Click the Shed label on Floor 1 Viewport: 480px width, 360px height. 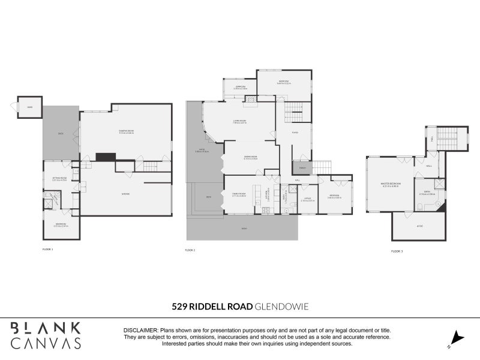point(30,107)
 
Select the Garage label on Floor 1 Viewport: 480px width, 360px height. point(126,194)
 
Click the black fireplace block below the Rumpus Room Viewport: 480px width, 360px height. point(106,157)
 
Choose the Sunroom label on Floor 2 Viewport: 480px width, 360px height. point(240,88)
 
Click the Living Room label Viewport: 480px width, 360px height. point(240,121)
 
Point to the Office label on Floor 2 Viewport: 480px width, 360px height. point(307,199)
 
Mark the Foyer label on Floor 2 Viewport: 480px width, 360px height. point(295,133)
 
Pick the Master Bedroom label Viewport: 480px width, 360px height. point(391,184)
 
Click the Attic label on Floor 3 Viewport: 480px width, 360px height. point(419,226)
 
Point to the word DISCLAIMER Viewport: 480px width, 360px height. point(141,331)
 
